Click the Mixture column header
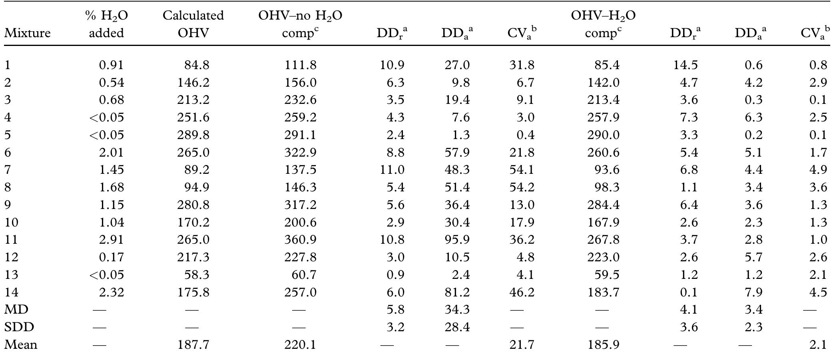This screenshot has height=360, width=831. click(x=27, y=33)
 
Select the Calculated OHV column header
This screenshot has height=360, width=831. click(x=193, y=24)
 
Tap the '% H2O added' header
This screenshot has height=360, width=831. click(x=106, y=24)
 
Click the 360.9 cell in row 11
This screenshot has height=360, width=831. click(x=300, y=240)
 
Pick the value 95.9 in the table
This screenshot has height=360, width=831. click(x=457, y=240)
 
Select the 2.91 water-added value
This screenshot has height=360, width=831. click(x=112, y=240)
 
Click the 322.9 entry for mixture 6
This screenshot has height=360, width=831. click(x=300, y=152)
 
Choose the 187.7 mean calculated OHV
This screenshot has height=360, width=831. click(x=193, y=345)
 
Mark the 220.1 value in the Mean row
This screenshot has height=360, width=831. click(x=300, y=345)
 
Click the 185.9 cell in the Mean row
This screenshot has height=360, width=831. click(x=603, y=345)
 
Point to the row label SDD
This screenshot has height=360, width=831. click(x=19, y=327)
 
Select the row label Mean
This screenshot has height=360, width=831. click(x=21, y=345)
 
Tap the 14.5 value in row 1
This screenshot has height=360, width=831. click(x=686, y=65)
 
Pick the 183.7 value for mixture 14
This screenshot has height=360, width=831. click(x=603, y=292)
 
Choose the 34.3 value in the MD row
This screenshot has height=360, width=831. click(x=457, y=310)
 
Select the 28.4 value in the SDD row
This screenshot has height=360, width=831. click(x=457, y=327)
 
